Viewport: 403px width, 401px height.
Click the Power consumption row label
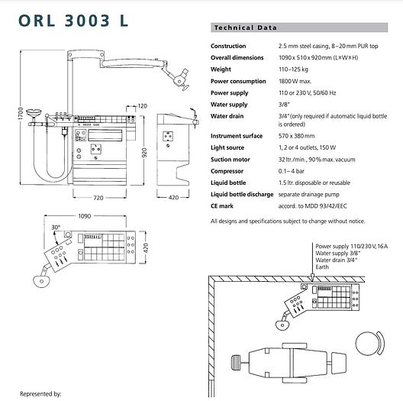240,80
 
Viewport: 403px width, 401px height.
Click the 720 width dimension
97,197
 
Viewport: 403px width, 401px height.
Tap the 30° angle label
55,228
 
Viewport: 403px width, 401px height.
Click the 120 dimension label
143,105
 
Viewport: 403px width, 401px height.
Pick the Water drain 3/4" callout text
337,260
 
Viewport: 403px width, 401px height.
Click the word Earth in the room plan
322,267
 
